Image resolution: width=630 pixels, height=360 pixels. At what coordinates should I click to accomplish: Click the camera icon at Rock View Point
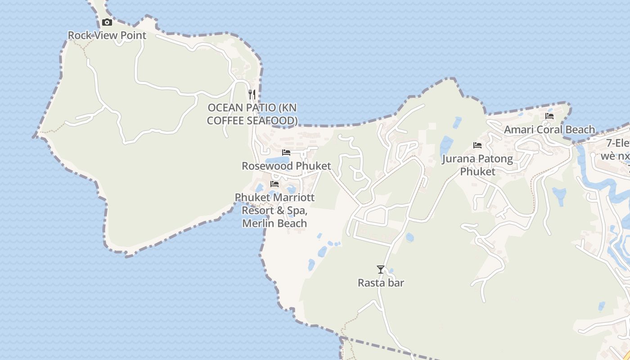107,22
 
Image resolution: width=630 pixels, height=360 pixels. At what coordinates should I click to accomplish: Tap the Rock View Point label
107,35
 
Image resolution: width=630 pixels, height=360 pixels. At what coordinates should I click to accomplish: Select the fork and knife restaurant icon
252,94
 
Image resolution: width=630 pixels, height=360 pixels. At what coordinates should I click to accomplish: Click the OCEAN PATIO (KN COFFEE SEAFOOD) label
252,114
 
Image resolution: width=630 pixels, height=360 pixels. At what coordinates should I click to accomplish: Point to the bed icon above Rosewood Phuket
286,152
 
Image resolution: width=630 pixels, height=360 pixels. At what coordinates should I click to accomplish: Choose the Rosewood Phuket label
286,166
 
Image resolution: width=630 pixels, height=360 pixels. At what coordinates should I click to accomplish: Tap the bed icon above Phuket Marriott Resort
274,184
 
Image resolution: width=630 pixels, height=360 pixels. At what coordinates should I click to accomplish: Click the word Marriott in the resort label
293,198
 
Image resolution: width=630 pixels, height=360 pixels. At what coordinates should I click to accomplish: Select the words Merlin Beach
274,223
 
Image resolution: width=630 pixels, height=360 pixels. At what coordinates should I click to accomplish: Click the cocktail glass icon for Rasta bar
381,269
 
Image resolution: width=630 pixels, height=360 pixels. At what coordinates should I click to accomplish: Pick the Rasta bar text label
381,283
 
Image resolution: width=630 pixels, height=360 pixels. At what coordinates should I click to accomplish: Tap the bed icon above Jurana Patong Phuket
477,145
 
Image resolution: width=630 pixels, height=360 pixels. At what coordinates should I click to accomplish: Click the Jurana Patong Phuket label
477,165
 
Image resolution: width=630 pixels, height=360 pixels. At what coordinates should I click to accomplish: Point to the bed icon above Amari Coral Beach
549,116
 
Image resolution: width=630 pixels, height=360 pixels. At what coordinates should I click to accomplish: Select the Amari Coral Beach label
549,130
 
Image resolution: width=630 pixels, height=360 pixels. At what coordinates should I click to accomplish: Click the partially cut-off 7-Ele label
617,143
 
